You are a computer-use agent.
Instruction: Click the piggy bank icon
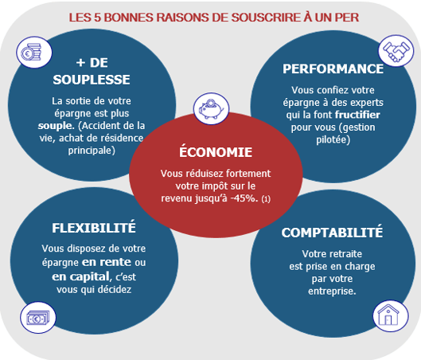point(212,108)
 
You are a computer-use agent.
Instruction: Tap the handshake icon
point(396,51)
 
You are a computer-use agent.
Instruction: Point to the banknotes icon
point(38,318)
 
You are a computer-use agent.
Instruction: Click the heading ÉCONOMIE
point(216,151)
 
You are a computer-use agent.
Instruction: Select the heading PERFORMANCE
point(333,68)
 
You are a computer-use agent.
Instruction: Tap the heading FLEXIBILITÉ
point(94,227)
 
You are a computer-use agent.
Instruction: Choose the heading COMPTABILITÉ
point(332,232)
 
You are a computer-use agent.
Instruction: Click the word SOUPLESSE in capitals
point(92,80)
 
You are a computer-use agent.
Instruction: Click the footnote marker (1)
point(266,199)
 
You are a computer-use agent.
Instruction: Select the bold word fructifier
point(357,115)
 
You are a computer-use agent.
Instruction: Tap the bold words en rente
point(107,262)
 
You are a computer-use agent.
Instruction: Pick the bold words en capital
point(81,276)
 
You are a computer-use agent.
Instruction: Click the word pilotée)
point(333,140)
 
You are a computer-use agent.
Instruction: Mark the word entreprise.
point(332,292)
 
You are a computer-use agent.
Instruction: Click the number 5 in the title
point(97,18)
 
